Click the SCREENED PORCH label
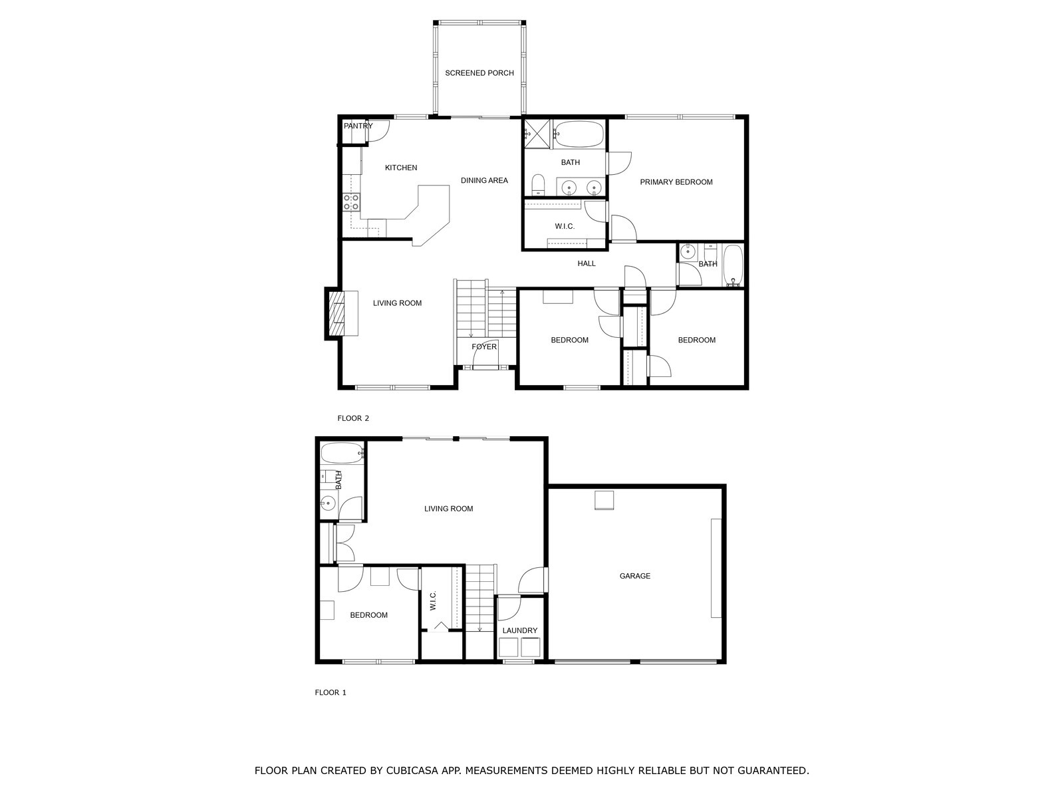pyautogui.click(x=479, y=73)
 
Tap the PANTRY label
pyautogui.click(x=358, y=126)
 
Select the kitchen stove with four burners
pyautogui.click(x=351, y=201)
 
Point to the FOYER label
pyautogui.click(x=483, y=346)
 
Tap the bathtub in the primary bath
pyautogui.click(x=579, y=134)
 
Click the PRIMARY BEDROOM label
pyautogui.click(x=676, y=182)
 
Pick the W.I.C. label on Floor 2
pyautogui.click(x=565, y=227)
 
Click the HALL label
pyautogui.click(x=586, y=264)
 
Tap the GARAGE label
pyautogui.click(x=634, y=576)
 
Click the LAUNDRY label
pyautogui.click(x=519, y=630)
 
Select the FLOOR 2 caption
pyautogui.click(x=352, y=418)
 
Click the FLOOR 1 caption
pyautogui.click(x=331, y=692)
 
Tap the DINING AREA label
pyautogui.click(x=484, y=181)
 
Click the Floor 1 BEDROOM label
pyautogui.click(x=368, y=615)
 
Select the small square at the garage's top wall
pyautogui.click(x=604, y=500)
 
